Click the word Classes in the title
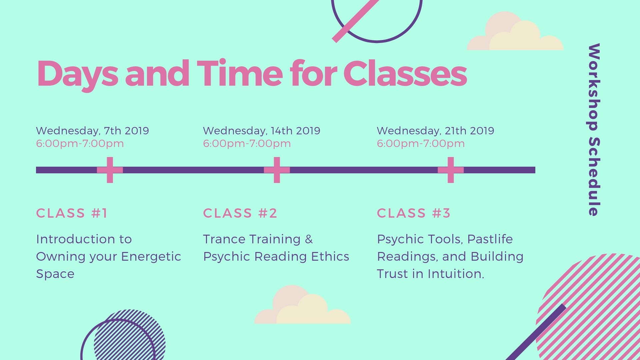pyautogui.click(x=405, y=73)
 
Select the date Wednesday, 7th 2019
pyautogui.click(x=92, y=131)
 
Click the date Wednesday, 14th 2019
pyautogui.click(x=262, y=131)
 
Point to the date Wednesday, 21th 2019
pyautogui.click(x=435, y=131)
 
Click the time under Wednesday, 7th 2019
pyautogui.click(x=80, y=144)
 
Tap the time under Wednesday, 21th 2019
pyautogui.click(x=421, y=144)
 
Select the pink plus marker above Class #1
pyautogui.click(x=110, y=170)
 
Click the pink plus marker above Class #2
pyautogui.click(x=277, y=170)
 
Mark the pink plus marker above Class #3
pyautogui.click(x=451, y=170)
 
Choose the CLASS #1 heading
pyautogui.click(x=72, y=213)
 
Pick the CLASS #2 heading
pyautogui.click(x=240, y=213)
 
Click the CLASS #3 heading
pyautogui.click(x=414, y=213)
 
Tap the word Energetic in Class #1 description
pyautogui.click(x=151, y=257)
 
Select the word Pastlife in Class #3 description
pyautogui.click(x=490, y=239)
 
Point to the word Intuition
pyautogui.click(x=456, y=274)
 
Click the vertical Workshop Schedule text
pyautogui.click(x=594, y=129)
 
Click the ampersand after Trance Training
pyautogui.click(x=309, y=239)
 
